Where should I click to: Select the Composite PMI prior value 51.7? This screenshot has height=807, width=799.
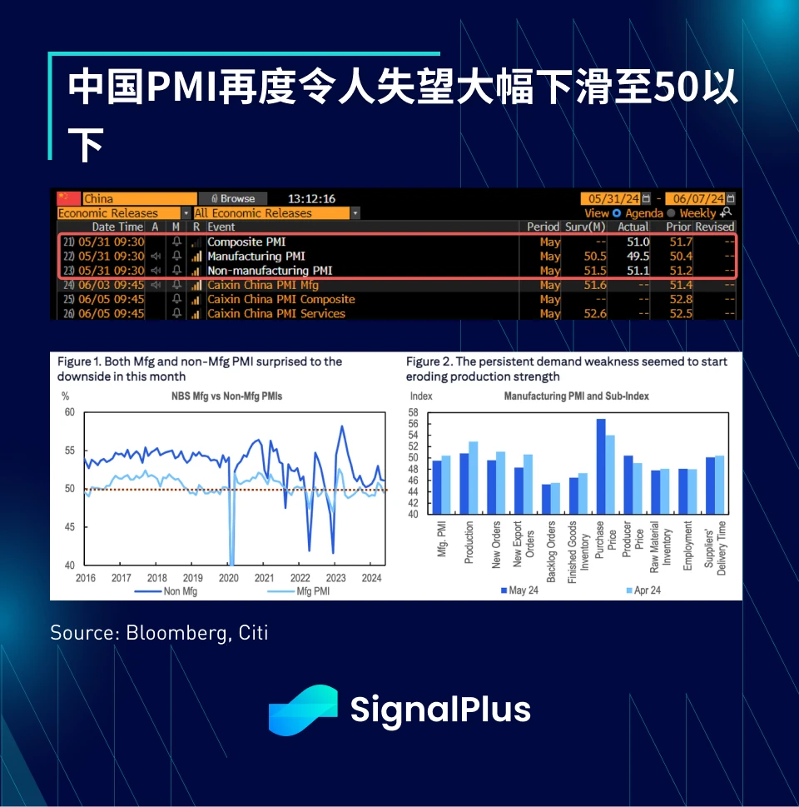pos(682,242)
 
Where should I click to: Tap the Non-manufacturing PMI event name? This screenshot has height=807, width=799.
pos(270,271)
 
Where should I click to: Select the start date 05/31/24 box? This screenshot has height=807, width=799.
pos(614,199)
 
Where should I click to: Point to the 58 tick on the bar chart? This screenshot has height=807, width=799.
pos(414,412)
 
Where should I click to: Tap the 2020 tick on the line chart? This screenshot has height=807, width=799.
pos(228,578)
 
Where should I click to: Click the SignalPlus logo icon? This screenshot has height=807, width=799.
pos(302,710)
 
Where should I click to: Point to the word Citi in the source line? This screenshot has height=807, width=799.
pos(251,633)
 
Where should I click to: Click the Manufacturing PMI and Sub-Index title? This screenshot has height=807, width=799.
pos(577,396)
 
